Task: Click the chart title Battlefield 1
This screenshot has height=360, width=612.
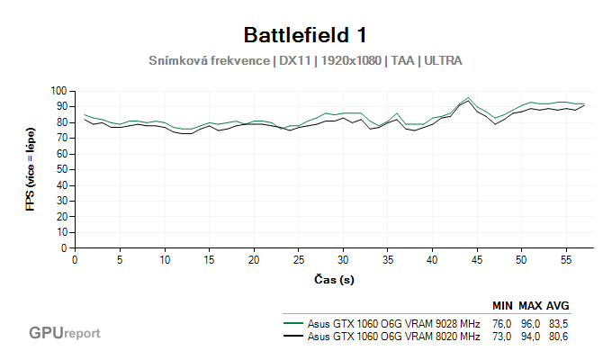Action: [x=305, y=35]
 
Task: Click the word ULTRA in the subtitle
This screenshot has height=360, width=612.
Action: [x=444, y=61]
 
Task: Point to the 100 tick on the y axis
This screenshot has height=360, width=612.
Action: [x=59, y=91]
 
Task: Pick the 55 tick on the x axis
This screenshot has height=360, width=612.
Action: [x=565, y=259]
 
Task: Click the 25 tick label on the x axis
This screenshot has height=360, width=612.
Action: [x=298, y=259]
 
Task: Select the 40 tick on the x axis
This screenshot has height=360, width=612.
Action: [x=431, y=259]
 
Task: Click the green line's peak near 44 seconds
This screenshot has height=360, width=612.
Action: [x=468, y=97]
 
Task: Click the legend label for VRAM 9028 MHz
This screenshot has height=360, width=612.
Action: [x=393, y=323]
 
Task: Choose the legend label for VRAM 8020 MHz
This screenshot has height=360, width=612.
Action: [x=393, y=337]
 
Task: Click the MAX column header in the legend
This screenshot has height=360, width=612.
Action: [x=530, y=306]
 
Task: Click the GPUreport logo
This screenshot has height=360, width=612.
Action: [x=64, y=333]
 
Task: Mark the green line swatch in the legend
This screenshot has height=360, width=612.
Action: [x=292, y=323]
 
